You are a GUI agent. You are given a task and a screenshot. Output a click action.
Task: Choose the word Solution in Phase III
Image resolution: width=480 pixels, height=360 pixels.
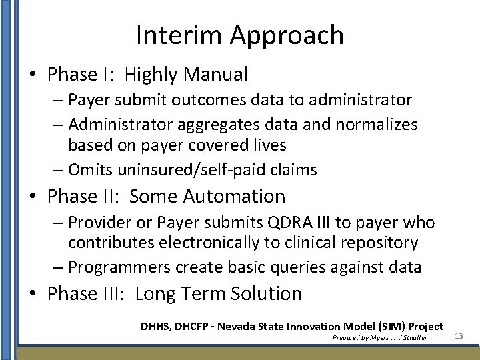pyautogui.click(x=263, y=294)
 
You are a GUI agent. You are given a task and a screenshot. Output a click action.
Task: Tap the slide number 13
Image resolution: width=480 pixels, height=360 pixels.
pyautogui.click(x=459, y=336)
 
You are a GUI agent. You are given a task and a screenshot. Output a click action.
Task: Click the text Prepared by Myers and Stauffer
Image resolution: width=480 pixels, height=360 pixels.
pyautogui.click(x=379, y=338)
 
